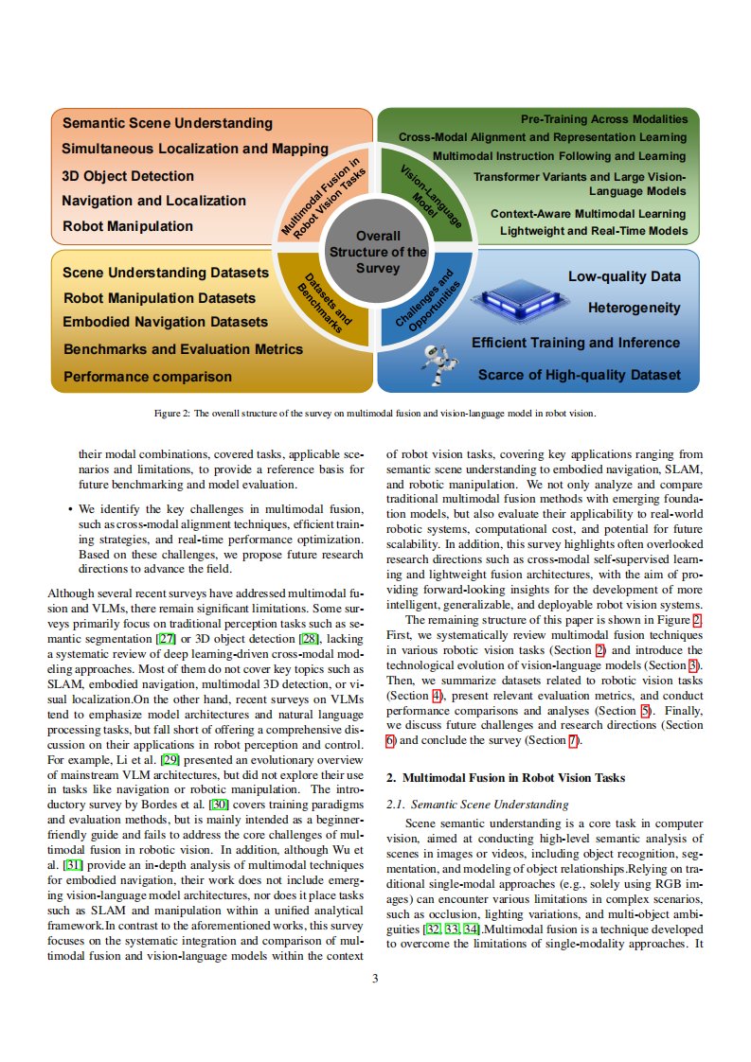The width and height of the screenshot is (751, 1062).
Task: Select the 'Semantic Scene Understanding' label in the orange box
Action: click(x=168, y=123)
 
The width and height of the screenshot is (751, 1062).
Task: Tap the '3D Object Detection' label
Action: click(x=128, y=176)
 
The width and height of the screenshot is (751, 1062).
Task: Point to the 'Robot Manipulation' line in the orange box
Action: click(x=128, y=226)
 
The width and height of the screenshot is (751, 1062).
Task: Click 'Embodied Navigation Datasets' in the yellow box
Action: click(x=165, y=322)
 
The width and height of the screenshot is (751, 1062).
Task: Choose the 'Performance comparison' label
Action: click(x=147, y=377)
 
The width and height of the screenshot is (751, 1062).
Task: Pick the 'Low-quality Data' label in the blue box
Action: click(x=623, y=276)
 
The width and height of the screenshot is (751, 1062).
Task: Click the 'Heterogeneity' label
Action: click(x=634, y=308)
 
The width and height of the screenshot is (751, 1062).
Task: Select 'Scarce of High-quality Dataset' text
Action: click(x=579, y=375)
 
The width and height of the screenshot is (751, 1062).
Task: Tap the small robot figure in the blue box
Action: click(x=435, y=365)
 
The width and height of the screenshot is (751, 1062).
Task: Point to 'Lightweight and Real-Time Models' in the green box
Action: click(x=593, y=230)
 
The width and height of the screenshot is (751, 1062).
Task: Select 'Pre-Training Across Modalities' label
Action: click(x=604, y=119)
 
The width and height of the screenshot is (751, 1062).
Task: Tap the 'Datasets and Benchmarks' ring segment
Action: click(x=323, y=302)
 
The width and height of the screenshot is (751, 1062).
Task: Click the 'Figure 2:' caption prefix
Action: click(x=171, y=414)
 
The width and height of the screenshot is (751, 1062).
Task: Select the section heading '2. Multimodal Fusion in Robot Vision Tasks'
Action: click(x=506, y=778)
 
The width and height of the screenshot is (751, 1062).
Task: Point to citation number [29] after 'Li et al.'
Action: click(x=170, y=760)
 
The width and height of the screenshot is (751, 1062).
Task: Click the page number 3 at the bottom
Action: click(x=375, y=979)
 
